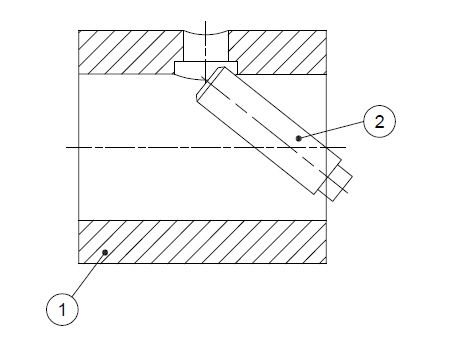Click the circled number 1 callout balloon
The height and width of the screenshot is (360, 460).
62,309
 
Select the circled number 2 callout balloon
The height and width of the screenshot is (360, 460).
379,121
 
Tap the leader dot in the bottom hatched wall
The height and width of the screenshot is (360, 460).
105,252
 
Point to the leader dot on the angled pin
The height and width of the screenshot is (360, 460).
299,138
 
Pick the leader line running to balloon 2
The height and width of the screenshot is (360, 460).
331,130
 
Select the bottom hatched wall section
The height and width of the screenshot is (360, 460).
202,242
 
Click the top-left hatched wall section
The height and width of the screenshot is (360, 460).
131,52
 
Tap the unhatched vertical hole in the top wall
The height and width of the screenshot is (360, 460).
206,47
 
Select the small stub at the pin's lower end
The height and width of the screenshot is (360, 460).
336,183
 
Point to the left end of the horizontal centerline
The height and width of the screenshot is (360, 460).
66,147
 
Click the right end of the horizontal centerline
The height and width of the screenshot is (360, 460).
346,147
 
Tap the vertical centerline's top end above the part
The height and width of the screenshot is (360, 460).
205,21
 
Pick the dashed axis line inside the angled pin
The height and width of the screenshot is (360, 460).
277,135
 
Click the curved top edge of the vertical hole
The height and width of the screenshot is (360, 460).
206,33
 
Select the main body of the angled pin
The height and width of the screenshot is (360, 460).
268,130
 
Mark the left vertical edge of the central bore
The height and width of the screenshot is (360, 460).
79,147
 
